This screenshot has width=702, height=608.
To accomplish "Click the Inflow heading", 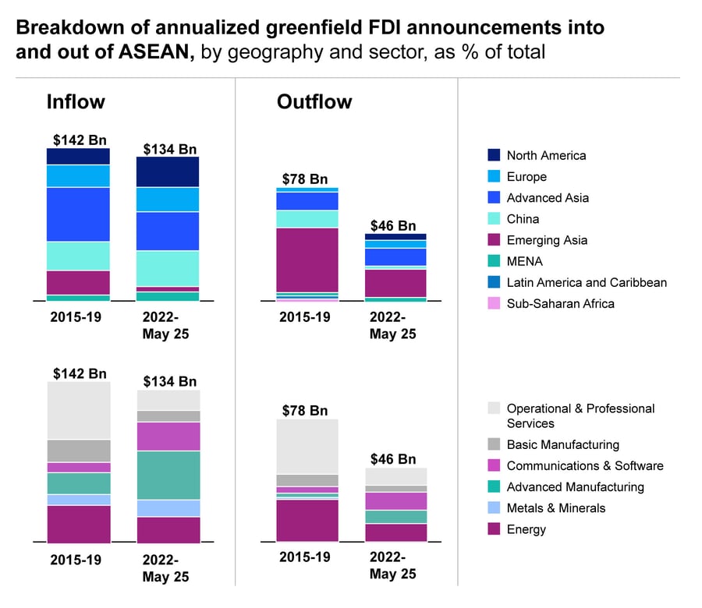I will tap(76, 102).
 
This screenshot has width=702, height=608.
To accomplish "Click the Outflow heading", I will tap(314, 102).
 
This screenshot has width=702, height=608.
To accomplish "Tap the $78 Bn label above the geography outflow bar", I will tap(304, 179).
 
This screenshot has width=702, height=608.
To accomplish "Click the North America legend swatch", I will tap(494, 155).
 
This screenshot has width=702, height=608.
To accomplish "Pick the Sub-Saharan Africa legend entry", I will tap(560, 303).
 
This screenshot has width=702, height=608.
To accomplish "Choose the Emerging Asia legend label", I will tap(547, 240).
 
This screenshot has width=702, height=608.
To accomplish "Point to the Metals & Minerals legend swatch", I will tap(494, 508).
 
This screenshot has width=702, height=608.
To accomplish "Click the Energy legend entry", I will tap(526, 529).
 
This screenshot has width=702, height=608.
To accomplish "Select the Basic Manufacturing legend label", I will tap(562, 444).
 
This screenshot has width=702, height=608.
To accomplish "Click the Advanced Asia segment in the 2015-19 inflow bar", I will tap(78, 214).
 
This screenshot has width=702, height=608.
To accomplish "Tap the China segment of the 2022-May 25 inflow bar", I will tap(168, 268).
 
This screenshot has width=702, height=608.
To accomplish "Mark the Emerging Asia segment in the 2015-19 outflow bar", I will tap(307, 260).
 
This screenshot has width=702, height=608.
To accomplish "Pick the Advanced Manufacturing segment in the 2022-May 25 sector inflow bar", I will tap(168, 475).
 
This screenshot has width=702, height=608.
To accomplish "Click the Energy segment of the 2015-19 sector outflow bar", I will tap(307, 520).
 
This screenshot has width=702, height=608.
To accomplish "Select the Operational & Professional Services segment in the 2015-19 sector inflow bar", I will tap(78, 411).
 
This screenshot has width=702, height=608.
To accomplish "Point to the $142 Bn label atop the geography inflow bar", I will tap(80, 140).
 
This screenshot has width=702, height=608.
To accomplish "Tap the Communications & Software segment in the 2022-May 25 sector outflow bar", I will tap(396, 501).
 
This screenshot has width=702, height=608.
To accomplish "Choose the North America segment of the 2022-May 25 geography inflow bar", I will tap(168, 172).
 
